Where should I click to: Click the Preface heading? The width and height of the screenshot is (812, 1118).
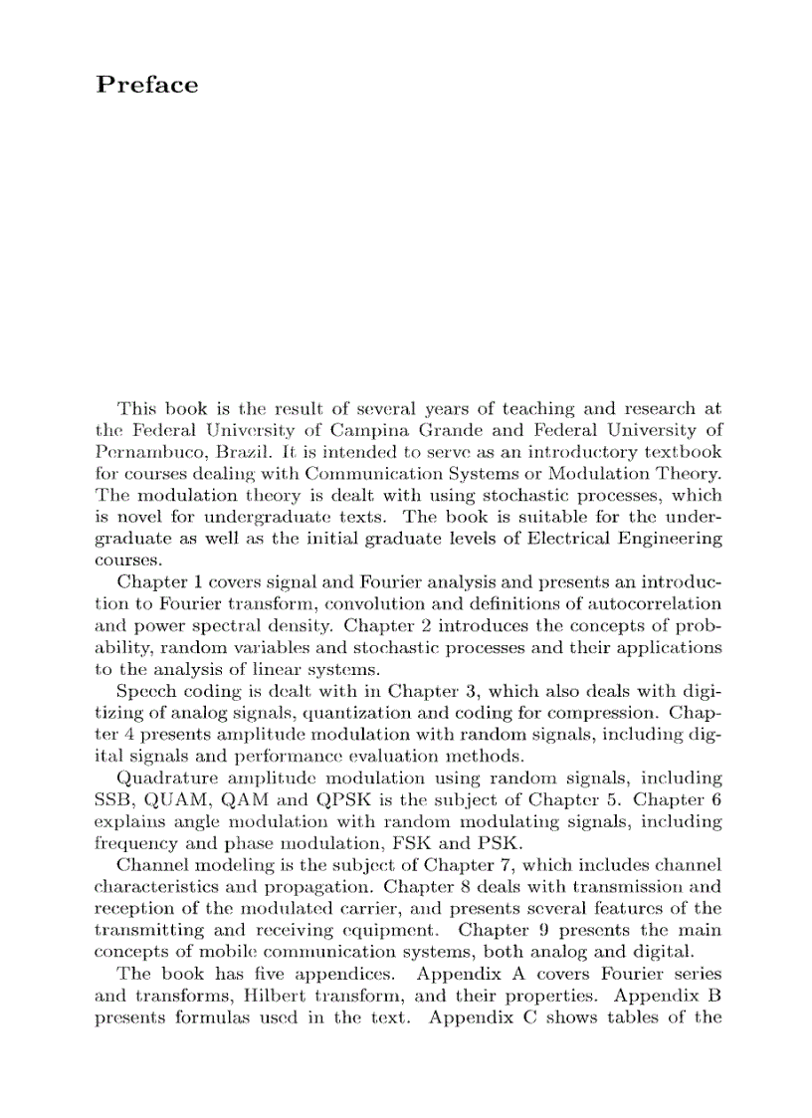tap(147, 86)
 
